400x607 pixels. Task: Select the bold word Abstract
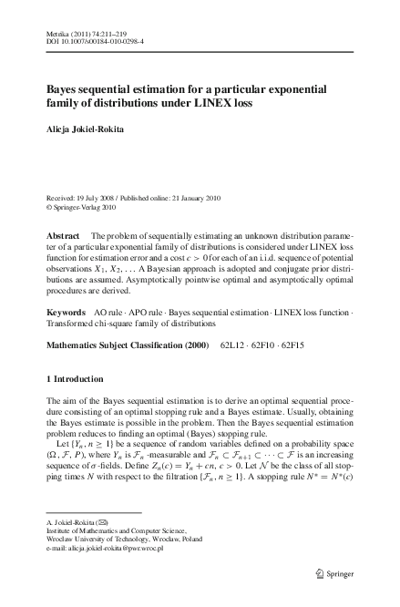63,235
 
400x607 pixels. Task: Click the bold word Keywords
67,313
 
